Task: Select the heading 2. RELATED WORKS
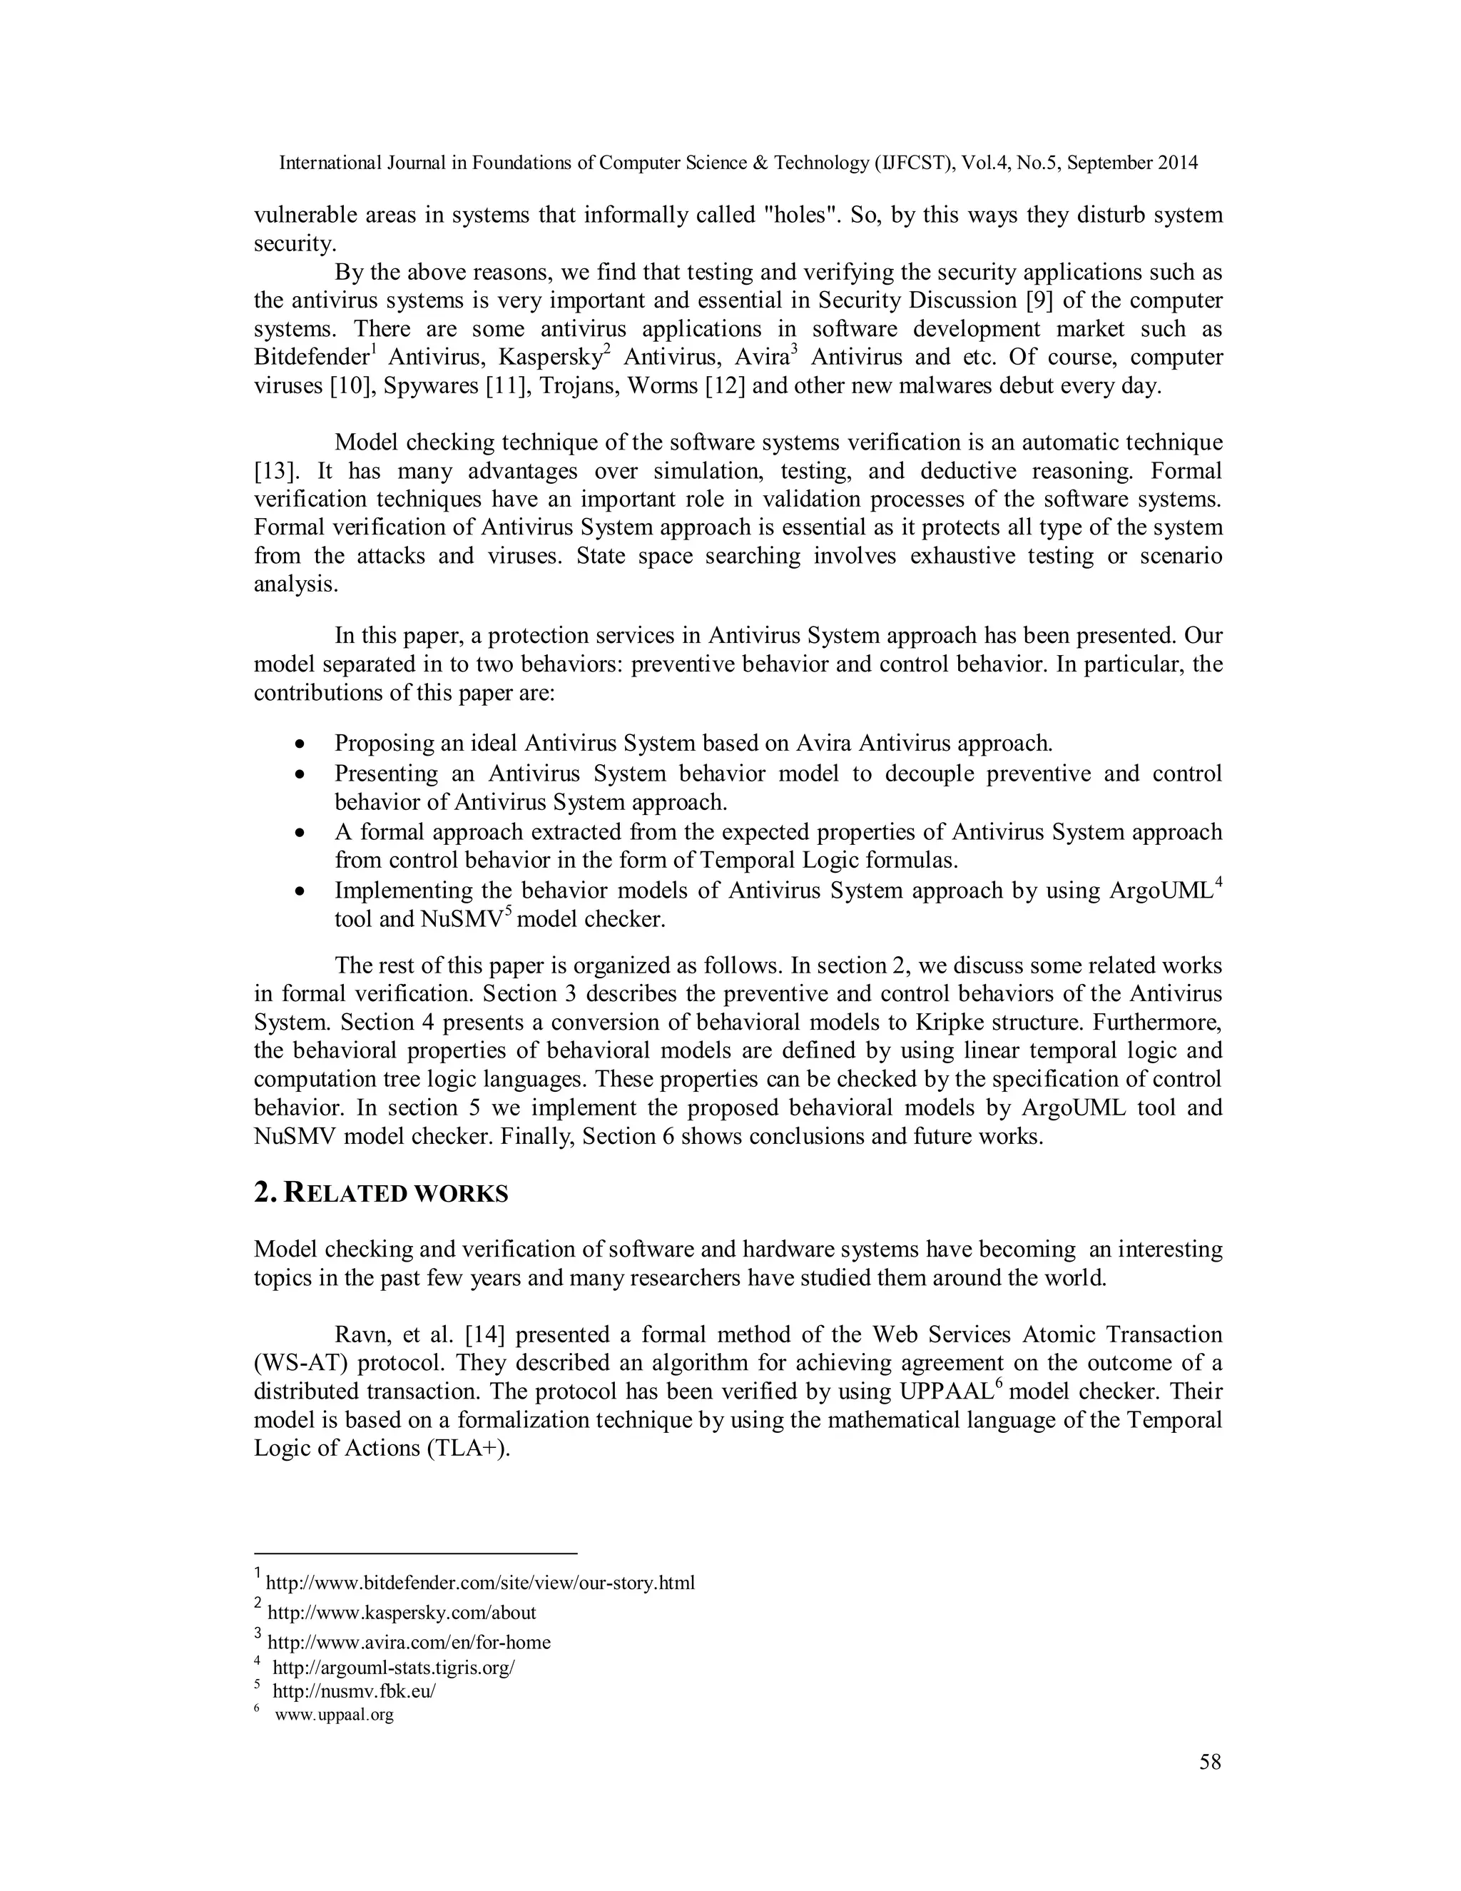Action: [x=381, y=1193]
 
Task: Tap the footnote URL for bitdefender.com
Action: [x=479, y=1583]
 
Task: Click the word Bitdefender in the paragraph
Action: [x=311, y=358]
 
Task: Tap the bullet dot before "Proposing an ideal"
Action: [x=300, y=744]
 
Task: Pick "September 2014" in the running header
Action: [x=1132, y=163]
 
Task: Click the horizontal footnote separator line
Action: [x=414, y=1553]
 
